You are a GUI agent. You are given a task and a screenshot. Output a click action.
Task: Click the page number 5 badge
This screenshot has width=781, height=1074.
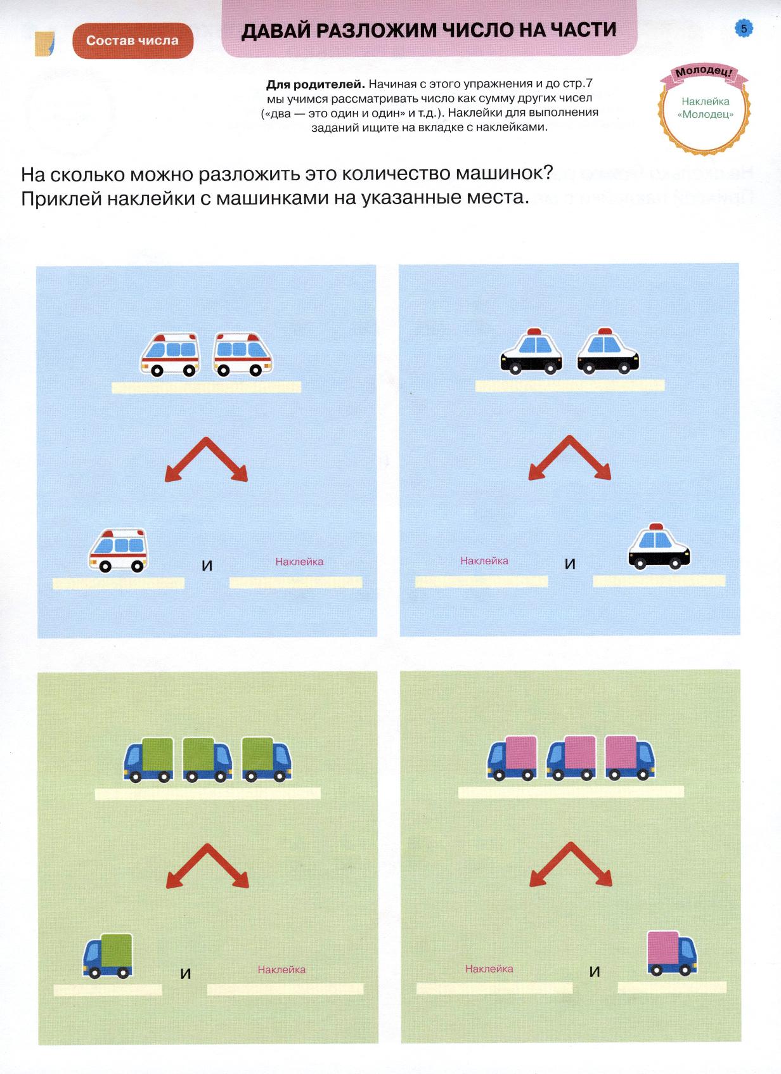pos(744,29)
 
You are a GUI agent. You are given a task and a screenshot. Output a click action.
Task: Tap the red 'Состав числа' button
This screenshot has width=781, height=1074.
pos(132,41)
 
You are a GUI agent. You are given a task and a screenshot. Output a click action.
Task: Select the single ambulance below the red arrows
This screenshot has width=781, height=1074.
pos(118,550)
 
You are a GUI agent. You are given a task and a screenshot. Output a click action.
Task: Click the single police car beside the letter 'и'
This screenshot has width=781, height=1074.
pos(659,547)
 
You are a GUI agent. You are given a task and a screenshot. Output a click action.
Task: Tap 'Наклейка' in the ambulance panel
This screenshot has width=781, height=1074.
pos(299,561)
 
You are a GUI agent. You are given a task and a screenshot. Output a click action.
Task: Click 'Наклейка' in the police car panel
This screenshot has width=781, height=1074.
pos(484,560)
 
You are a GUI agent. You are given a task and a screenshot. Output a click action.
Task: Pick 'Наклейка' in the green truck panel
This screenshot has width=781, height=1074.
pos(281,969)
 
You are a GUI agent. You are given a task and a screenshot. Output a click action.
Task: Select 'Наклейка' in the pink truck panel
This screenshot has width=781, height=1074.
pos(489,969)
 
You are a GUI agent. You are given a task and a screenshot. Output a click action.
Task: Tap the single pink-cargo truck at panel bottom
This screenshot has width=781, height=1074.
pos(672,953)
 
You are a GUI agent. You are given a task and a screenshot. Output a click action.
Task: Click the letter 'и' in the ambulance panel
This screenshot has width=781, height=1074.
pos(207,566)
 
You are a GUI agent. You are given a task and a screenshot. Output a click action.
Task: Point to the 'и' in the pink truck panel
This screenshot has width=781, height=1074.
pos(594,972)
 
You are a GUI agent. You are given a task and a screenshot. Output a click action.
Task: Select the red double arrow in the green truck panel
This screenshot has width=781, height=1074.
pos(207,865)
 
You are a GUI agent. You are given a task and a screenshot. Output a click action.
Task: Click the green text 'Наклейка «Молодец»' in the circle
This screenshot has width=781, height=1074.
pos(706,108)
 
